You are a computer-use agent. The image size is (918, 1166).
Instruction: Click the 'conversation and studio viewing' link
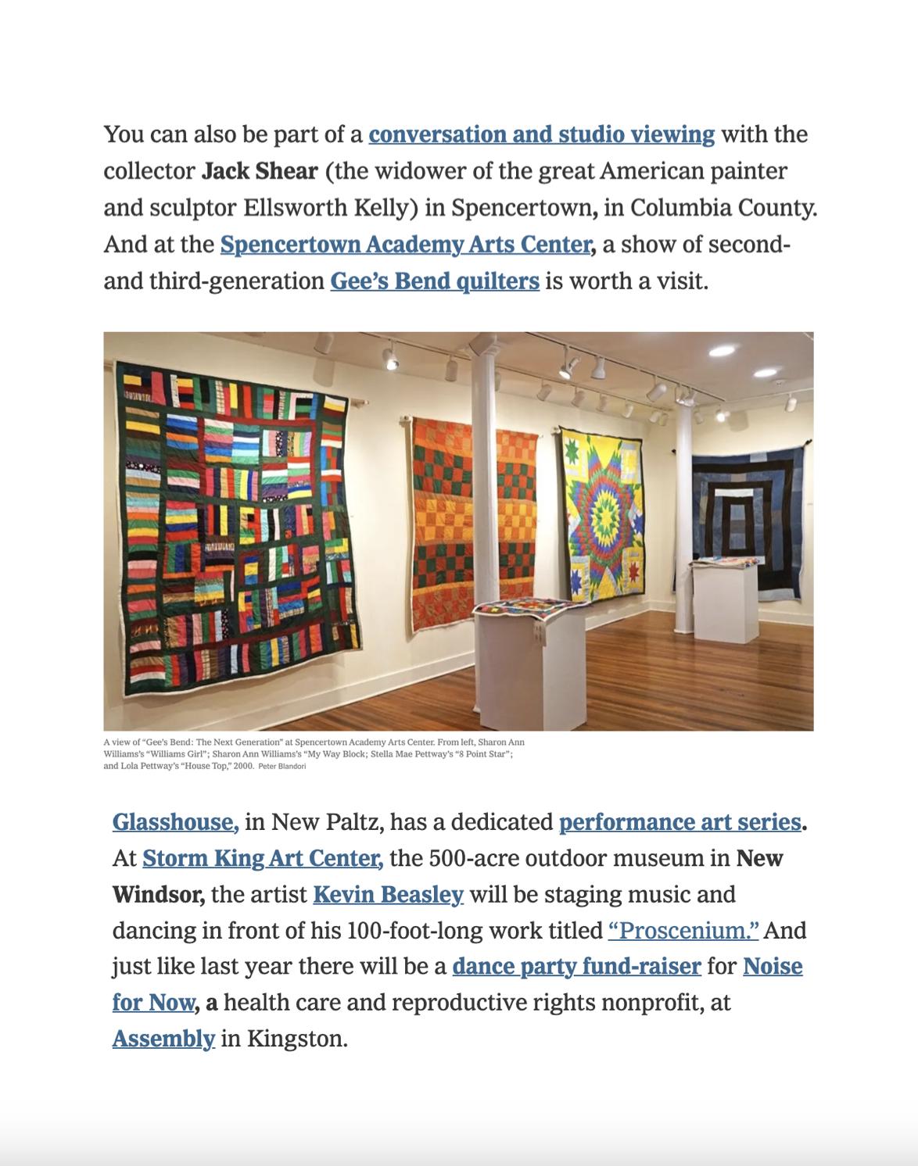click(x=541, y=134)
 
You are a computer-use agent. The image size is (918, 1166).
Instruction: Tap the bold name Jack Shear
click(x=260, y=171)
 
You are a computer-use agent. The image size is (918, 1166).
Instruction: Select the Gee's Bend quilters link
click(x=435, y=281)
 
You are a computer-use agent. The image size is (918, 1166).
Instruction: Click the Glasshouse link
click(x=175, y=822)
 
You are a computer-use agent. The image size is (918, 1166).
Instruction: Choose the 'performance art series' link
click(x=680, y=822)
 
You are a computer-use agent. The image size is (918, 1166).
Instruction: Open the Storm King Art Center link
click(x=262, y=858)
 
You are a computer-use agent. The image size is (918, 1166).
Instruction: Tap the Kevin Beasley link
click(x=388, y=894)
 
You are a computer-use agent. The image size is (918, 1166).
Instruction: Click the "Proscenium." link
click(x=683, y=931)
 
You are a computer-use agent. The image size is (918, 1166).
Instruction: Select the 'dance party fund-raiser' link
click(x=576, y=967)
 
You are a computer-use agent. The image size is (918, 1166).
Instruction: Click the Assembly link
click(x=163, y=1039)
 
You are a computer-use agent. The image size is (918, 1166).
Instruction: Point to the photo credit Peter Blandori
click(x=282, y=767)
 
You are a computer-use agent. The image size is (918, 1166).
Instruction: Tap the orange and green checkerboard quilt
click(x=472, y=516)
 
